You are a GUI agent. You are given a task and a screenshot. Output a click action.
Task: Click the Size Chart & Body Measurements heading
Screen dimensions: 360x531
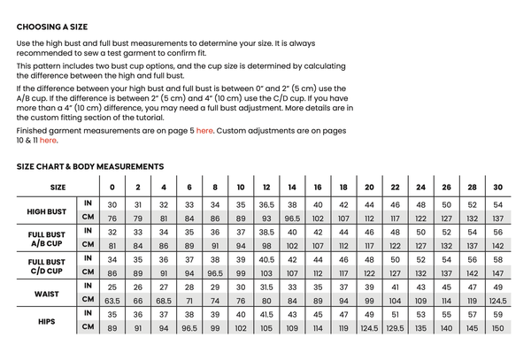coord(90,166)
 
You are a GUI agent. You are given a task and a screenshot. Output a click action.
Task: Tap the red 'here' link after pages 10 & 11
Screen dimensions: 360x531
coord(48,140)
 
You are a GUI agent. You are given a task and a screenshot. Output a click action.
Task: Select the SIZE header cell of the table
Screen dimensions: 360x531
coord(58,188)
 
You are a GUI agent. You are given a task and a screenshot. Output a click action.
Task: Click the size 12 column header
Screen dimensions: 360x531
coord(266,188)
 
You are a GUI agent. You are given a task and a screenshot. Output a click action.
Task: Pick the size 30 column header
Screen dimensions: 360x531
coord(498,188)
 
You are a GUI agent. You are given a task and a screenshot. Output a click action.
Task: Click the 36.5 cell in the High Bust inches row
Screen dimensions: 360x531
coord(266,204)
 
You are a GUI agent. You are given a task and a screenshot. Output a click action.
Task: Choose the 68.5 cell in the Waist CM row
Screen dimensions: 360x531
coord(163,300)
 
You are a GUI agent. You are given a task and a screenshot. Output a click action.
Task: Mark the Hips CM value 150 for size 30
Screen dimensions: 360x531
coord(498,327)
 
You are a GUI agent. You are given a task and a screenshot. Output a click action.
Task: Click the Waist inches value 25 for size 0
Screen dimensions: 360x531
coord(112,287)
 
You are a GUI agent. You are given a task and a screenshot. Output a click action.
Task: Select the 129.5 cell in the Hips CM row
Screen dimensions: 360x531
coord(395,327)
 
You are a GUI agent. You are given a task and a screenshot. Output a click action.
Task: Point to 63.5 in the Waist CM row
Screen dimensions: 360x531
coord(112,300)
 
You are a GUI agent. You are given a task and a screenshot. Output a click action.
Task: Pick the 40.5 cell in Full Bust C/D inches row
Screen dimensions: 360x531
coord(266,259)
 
